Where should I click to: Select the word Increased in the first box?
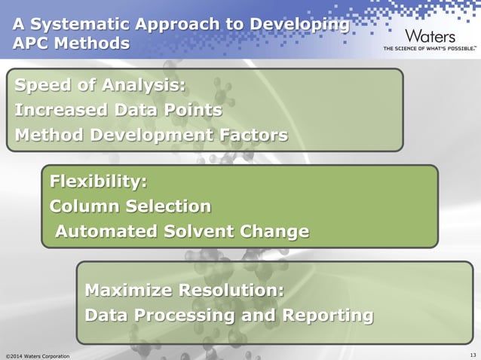(x=63, y=111)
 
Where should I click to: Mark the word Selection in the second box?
(x=167, y=206)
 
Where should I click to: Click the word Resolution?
(x=229, y=290)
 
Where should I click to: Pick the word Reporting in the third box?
(x=327, y=315)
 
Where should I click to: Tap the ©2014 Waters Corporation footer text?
(x=38, y=355)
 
